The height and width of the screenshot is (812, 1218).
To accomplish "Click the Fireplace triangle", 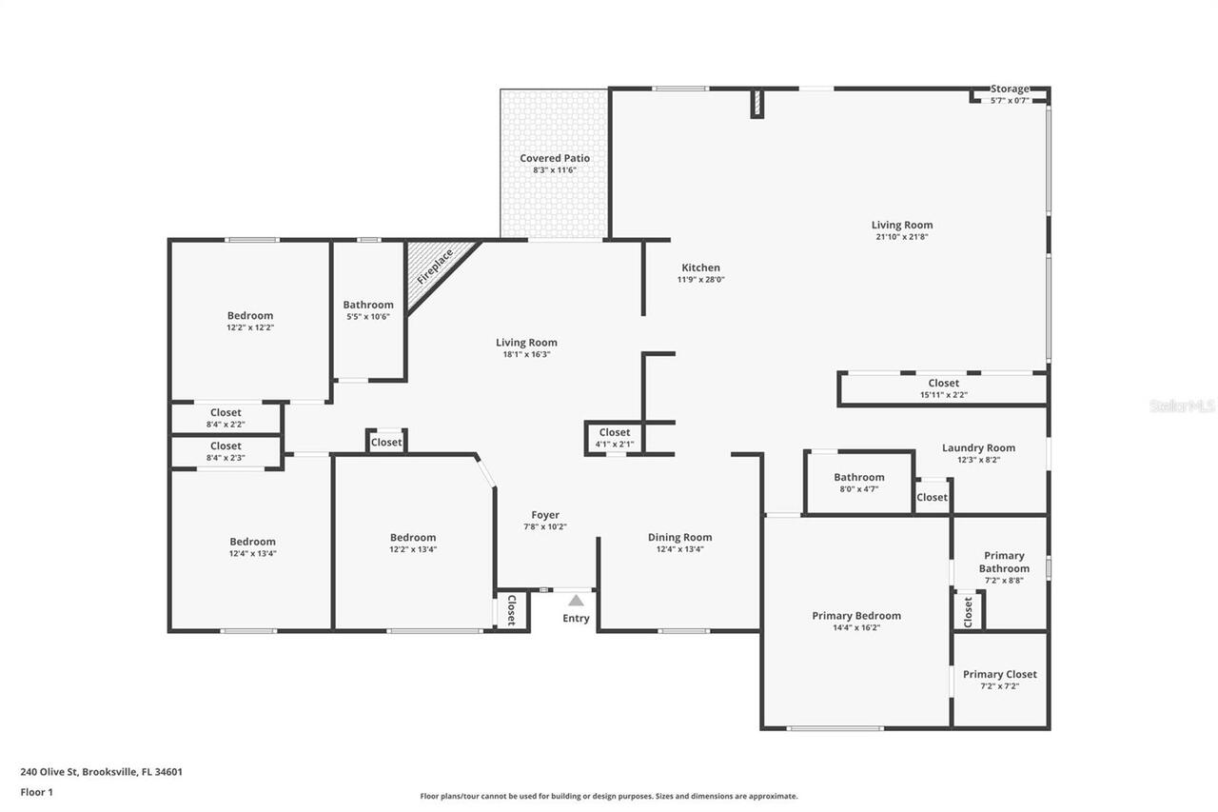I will (x=434, y=268).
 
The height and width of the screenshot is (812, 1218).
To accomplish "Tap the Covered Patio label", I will (x=554, y=158).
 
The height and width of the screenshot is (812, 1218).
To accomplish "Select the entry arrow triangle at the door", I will (x=576, y=600).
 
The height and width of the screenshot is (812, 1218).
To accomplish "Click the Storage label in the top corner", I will (x=1010, y=89).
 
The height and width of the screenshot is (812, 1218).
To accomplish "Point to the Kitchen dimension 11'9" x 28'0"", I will (x=700, y=280).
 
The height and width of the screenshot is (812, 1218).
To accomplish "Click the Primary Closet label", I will (x=1000, y=674).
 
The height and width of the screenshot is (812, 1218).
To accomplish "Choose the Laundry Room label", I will (x=978, y=447).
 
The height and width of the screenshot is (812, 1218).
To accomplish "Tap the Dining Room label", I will (x=679, y=537).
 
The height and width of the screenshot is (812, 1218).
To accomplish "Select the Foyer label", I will (x=545, y=515).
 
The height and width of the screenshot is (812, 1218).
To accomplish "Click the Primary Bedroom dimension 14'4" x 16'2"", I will (x=856, y=627).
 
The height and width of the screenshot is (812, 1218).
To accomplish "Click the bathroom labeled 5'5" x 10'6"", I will (x=368, y=310).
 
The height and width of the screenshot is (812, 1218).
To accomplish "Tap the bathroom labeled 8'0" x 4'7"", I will (x=859, y=482).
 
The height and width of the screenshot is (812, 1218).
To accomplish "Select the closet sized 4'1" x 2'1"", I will (x=615, y=438).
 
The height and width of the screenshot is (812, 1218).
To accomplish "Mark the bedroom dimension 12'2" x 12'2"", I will (x=250, y=327).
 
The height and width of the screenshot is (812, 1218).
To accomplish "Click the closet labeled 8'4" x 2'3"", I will (x=226, y=451).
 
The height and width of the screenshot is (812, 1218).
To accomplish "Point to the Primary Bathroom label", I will (x=1004, y=562).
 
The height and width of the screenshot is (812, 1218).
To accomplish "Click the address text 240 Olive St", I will (x=101, y=772).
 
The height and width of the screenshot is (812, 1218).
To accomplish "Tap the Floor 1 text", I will (x=36, y=791).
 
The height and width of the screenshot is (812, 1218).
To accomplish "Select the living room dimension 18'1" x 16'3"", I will (x=526, y=354).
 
